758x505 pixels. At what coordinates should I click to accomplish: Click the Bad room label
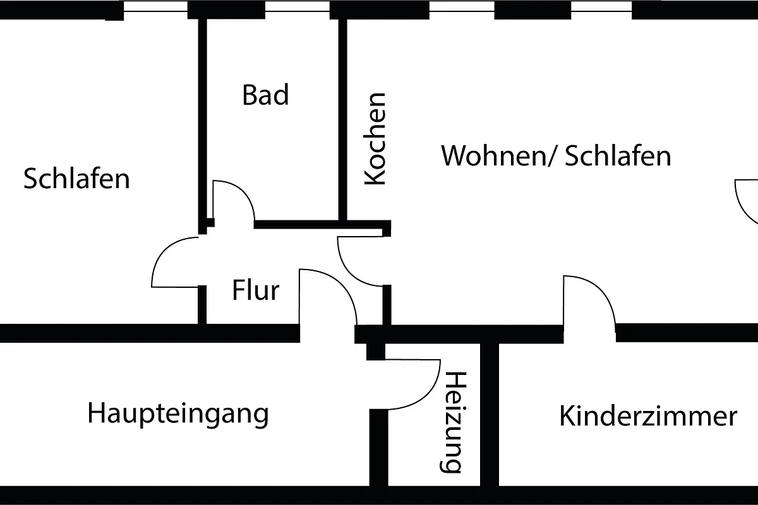coord(265,95)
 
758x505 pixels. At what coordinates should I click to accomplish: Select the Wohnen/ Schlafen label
coord(556,155)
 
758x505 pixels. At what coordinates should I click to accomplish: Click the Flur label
coord(255,291)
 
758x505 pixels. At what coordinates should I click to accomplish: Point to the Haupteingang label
coord(178,414)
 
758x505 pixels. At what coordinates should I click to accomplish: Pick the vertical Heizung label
coord(454,422)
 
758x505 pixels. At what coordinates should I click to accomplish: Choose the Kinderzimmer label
coord(648,417)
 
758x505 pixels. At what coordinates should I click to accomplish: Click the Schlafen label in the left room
coord(76,179)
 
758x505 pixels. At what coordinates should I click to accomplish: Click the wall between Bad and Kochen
coord(343,120)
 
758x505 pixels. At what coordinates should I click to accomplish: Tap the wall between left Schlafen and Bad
coord(203,120)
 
